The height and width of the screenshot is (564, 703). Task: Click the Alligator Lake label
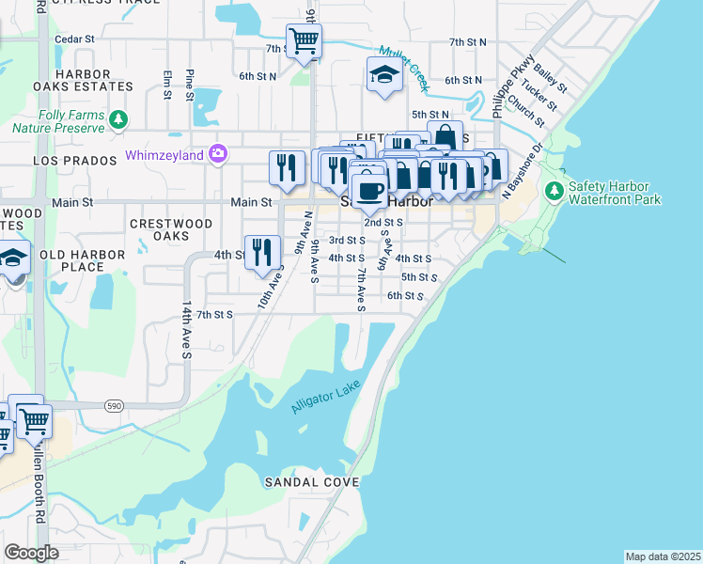[326, 398]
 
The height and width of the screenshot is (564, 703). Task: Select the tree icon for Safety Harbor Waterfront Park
[555, 192]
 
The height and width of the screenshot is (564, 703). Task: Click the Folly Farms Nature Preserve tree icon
[117, 119]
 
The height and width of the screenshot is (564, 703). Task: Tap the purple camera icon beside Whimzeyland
[218, 152]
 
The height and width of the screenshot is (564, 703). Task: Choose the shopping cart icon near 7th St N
[304, 40]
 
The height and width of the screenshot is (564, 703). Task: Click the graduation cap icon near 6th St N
[384, 74]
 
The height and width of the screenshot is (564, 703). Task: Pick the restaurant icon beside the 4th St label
[262, 251]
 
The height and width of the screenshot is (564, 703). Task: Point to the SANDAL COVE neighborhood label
[299, 482]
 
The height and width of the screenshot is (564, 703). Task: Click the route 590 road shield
[114, 405]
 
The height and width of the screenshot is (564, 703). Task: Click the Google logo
[32, 552]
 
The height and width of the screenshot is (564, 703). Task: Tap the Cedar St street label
[75, 39]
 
